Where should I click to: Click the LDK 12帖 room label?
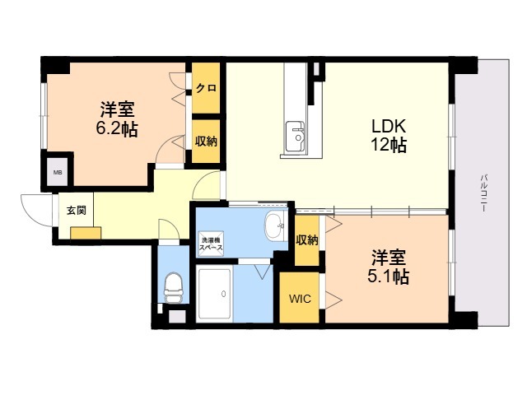tap(389, 135)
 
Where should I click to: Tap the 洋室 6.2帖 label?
tap(117, 118)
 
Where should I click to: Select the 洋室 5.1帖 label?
tap(388, 267)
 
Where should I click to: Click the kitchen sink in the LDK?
tap(295, 136)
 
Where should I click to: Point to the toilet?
tap(174, 287)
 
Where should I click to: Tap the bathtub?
tap(214, 294)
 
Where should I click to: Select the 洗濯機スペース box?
tap(211, 244)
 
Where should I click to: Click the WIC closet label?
tap(300, 299)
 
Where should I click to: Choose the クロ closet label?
tap(206, 88)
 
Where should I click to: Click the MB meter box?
tap(58, 172)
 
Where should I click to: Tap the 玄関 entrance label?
tap(76, 211)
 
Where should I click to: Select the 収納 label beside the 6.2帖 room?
tap(206, 142)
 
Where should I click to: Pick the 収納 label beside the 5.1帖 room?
tap(307, 239)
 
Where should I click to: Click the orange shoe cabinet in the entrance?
tap(86, 233)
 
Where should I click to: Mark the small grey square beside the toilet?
tap(177, 316)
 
